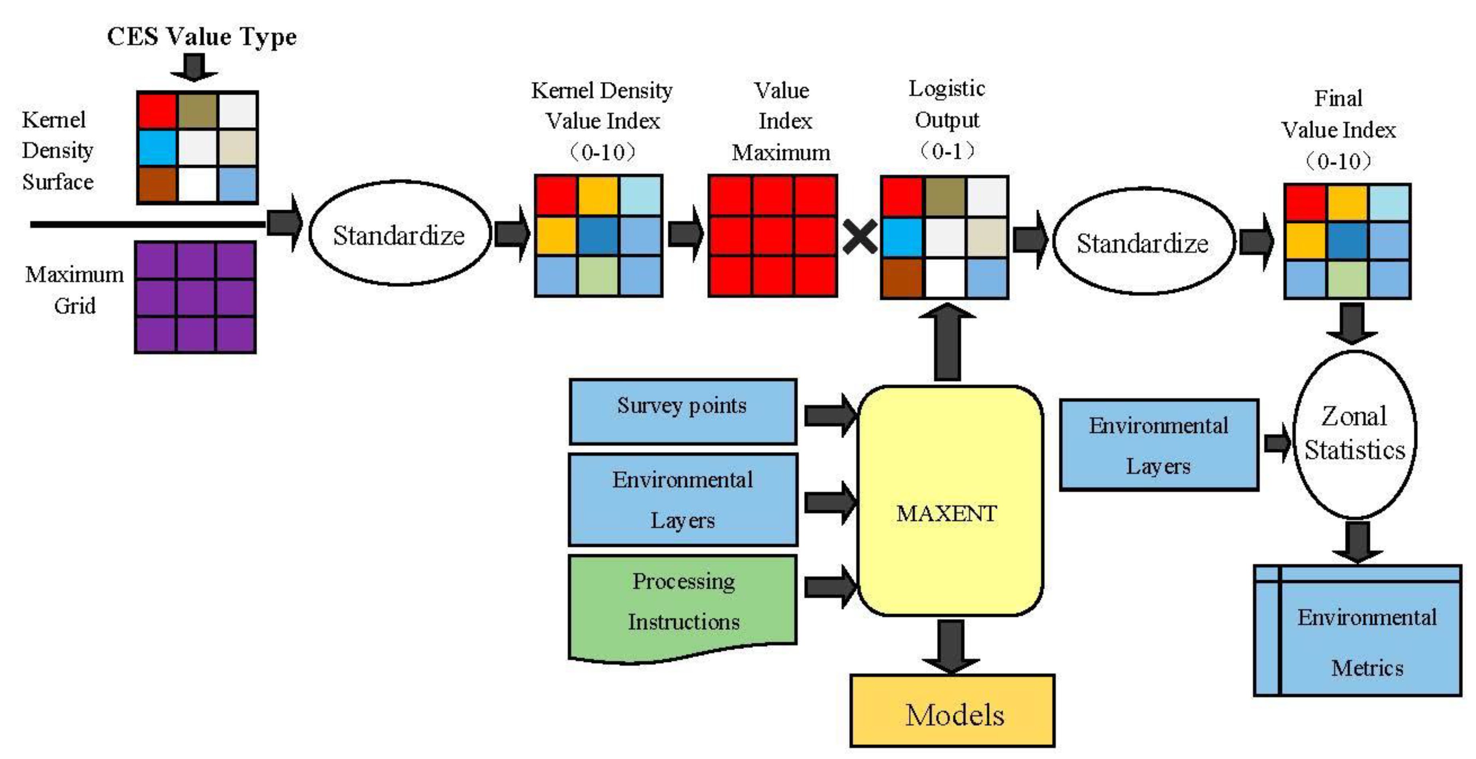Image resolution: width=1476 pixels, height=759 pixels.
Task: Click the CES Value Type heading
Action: [x=202, y=37]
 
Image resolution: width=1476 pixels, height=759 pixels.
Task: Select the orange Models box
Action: [x=952, y=711]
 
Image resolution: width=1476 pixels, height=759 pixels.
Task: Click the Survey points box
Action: [x=682, y=410]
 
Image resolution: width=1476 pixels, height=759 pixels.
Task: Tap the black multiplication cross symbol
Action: [x=859, y=236]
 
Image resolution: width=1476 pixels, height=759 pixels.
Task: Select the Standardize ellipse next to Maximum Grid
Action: [x=399, y=234]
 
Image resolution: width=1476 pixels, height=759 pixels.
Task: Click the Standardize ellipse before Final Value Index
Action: [x=1143, y=242]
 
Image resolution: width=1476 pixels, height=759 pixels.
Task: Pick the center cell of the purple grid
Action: [x=195, y=297]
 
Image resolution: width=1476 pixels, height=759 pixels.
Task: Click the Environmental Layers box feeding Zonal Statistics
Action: [x=1158, y=445]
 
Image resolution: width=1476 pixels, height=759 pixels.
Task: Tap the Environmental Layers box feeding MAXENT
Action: [x=682, y=499]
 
